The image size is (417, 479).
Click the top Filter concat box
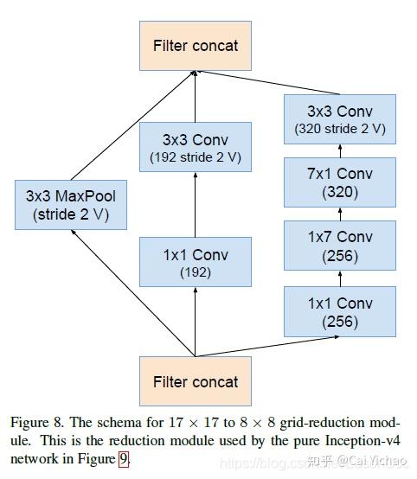click(x=195, y=45)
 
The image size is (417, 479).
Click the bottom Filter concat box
click(x=195, y=381)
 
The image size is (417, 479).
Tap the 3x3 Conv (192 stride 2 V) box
click(x=195, y=149)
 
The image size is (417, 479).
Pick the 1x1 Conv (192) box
click(x=195, y=262)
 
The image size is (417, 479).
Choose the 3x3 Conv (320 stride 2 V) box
click(x=339, y=119)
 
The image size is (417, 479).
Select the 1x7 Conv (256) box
click(x=339, y=246)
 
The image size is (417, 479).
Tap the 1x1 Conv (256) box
click(x=339, y=311)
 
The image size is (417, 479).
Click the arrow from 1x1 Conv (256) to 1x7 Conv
click(x=339, y=279)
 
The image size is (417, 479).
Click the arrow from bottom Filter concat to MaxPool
click(x=133, y=295)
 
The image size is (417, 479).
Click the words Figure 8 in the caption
click(x=36, y=424)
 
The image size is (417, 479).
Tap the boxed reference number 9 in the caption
click(x=124, y=458)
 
